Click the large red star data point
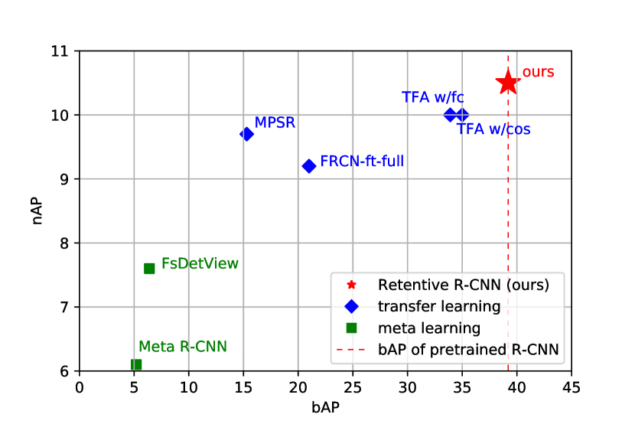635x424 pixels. tap(507, 82)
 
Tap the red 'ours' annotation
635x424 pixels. tap(538, 73)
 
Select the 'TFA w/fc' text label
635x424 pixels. tap(433, 97)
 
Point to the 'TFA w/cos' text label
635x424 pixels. tap(494, 129)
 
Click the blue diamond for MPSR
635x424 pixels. tap(247, 134)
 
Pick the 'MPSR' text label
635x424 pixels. tap(275, 123)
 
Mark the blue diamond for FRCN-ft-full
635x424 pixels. tap(309, 166)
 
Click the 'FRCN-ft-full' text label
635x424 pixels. tap(362, 161)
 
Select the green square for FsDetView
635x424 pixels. tap(150, 268)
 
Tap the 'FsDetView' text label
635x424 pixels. tap(200, 263)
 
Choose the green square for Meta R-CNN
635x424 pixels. tap(136, 364)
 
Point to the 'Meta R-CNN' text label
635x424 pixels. tap(183, 347)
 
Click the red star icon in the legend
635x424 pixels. tap(351, 285)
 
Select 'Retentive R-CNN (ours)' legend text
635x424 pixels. tap(464, 285)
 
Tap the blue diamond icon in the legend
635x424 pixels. tap(351, 306)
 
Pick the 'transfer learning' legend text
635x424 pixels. tap(439, 306)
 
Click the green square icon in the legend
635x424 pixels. tap(351, 328)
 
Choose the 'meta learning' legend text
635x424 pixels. tap(429, 328)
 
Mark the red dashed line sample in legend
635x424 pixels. tap(351, 351)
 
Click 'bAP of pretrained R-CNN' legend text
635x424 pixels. tap(468, 351)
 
